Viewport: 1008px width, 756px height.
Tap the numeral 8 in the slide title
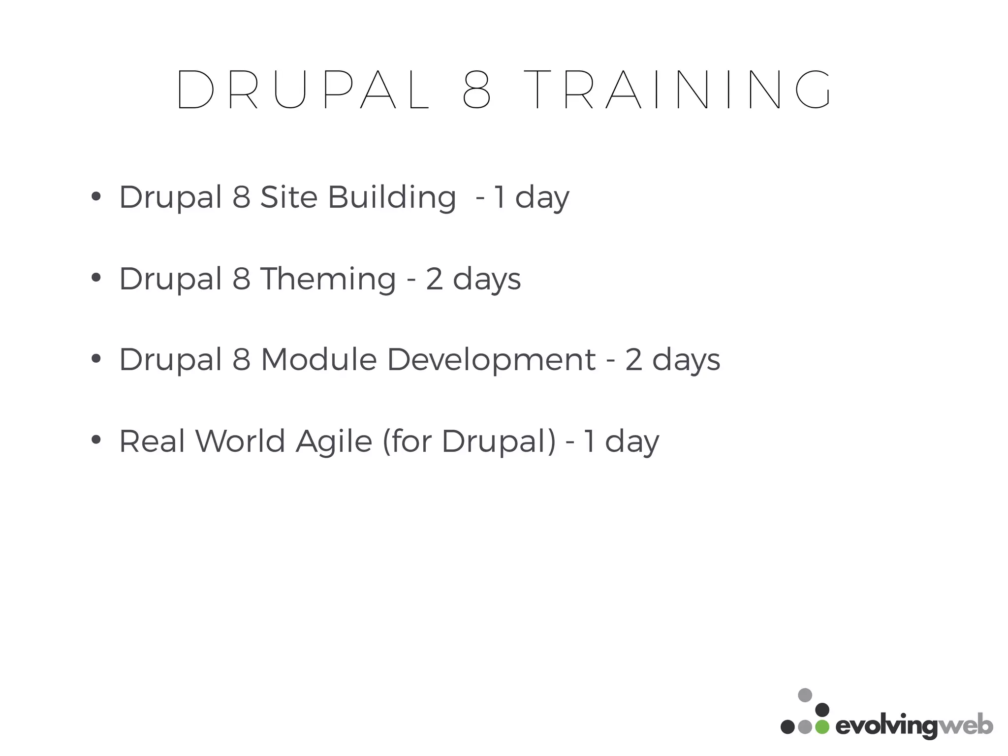pos(476,90)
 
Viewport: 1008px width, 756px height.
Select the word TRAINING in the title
pos(677,90)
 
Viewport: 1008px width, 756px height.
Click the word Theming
pos(328,279)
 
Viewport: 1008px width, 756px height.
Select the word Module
pos(318,359)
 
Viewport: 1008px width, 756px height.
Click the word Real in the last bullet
pos(152,441)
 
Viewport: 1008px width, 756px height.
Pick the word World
pos(241,441)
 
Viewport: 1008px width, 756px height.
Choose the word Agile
pos(334,441)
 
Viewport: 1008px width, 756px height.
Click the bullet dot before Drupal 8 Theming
pos(96,278)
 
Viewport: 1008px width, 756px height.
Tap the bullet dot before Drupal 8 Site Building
pos(96,196)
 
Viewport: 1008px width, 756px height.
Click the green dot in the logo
pos(822,727)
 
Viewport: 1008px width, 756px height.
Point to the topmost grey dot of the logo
pos(805,695)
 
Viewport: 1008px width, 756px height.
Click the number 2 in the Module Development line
pos(634,360)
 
